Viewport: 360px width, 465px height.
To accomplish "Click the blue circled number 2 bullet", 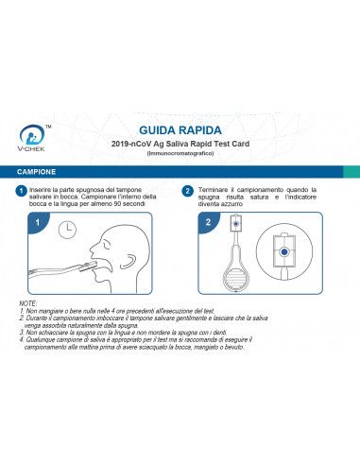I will point(188,191).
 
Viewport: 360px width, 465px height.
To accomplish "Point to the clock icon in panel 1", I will point(67,229).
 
